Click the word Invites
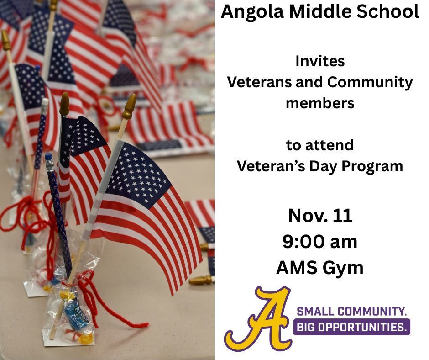click(x=319, y=61)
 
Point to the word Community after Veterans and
click(x=370, y=82)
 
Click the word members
click(x=319, y=103)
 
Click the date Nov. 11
click(x=319, y=216)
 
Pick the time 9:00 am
click(x=319, y=242)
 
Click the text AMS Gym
click(x=319, y=268)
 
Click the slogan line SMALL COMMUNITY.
click(x=351, y=312)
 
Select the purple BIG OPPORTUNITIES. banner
click(x=351, y=327)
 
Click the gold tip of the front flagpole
click(x=130, y=106)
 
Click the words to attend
click(x=319, y=145)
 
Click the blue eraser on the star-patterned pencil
click(x=48, y=157)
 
